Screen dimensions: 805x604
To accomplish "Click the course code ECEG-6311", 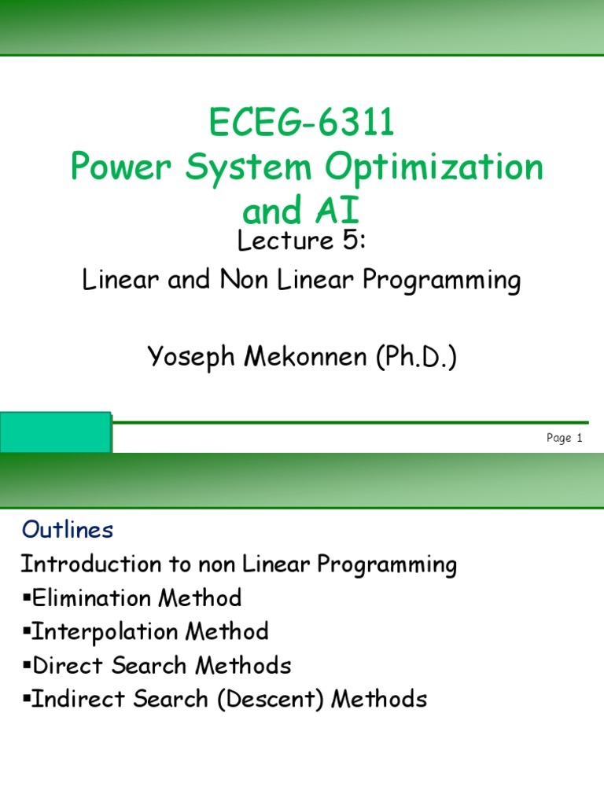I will (302, 123).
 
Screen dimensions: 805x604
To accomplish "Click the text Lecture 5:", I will (302, 241).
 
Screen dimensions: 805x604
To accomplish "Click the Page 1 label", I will (564, 439).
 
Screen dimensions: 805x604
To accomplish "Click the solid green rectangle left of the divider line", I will (55, 432).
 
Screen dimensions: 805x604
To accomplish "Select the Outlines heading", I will (68, 531).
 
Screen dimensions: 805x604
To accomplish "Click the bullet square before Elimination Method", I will (24, 599).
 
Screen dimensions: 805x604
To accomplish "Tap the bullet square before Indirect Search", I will (24, 700).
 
